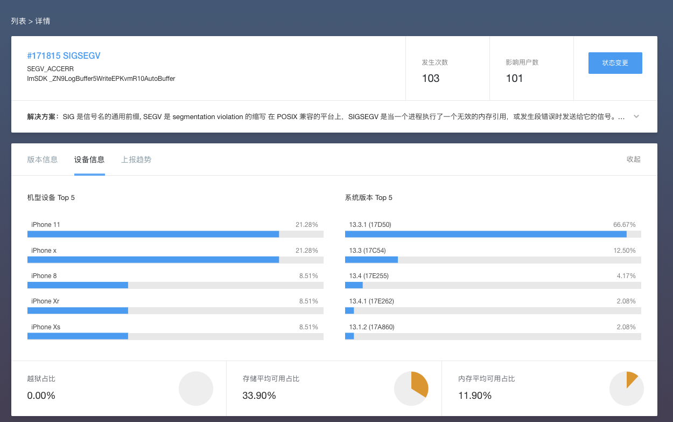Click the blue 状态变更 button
(615, 63)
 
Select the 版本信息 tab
(43, 160)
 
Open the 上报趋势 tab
(136, 160)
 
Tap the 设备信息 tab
(89, 160)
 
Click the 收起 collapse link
(634, 160)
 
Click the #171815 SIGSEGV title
(64, 56)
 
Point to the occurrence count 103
(431, 79)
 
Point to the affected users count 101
(515, 79)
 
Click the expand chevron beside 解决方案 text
(636, 116)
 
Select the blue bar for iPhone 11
(153, 234)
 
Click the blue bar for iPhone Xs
(78, 336)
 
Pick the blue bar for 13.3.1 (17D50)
(486, 234)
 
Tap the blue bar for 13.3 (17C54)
(371, 260)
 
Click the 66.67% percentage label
(625, 225)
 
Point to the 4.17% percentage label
(626, 276)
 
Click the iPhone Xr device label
(45, 301)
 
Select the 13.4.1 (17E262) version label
(371, 301)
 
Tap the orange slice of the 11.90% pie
(631, 378)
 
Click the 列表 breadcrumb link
(18, 21)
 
